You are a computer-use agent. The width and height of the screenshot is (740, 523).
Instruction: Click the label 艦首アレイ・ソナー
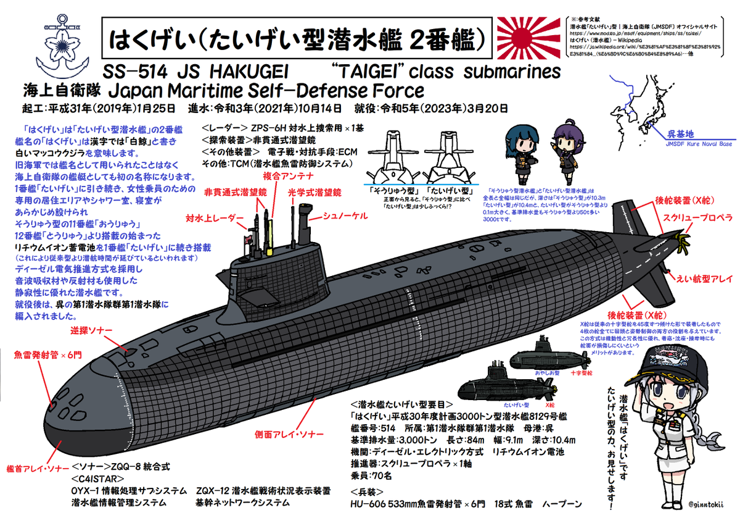35,468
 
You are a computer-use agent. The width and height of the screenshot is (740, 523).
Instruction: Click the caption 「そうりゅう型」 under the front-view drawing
392,190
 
